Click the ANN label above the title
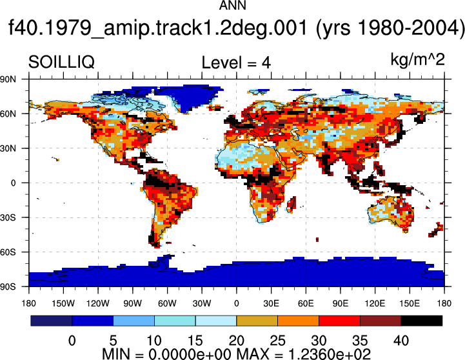tap(232, 5)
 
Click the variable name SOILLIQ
tap(61, 62)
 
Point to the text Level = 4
tap(236, 63)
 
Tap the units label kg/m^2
tap(417, 59)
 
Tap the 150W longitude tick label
tap(63, 303)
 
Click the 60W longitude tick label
tap(167, 303)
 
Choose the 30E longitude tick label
tap(271, 303)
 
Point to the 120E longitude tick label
tap(375, 303)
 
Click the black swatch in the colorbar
tap(421, 321)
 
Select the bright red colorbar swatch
tap(339, 321)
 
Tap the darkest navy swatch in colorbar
tap(52, 321)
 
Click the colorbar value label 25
tap(277, 341)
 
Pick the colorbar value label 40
tap(401, 341)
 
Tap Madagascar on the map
tap(292, 205)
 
